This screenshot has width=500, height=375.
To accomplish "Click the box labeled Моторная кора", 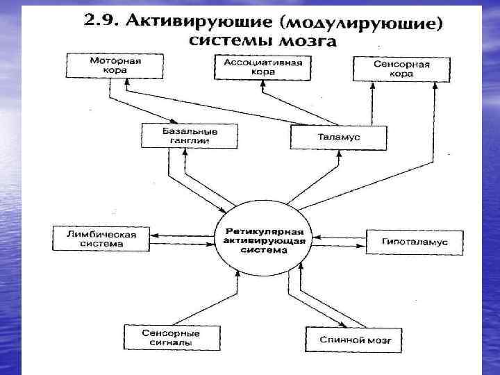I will click(x=115, y=66).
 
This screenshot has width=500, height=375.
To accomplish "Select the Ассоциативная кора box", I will click(x=262, y=67).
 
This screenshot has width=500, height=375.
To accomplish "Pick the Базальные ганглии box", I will click(x=190, y=135).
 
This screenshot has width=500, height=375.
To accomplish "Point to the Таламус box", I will click(x=335, y=137).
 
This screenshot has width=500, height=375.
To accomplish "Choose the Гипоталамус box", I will click(x=414, y=242).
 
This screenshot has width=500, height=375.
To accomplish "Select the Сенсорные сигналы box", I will click(x=162, y=337).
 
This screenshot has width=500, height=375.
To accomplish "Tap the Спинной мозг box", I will click(x=353, y=340).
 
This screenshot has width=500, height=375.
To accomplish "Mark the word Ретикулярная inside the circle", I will click(x=263, y=231).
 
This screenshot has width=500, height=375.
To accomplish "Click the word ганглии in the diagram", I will click(x=189, y=140).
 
